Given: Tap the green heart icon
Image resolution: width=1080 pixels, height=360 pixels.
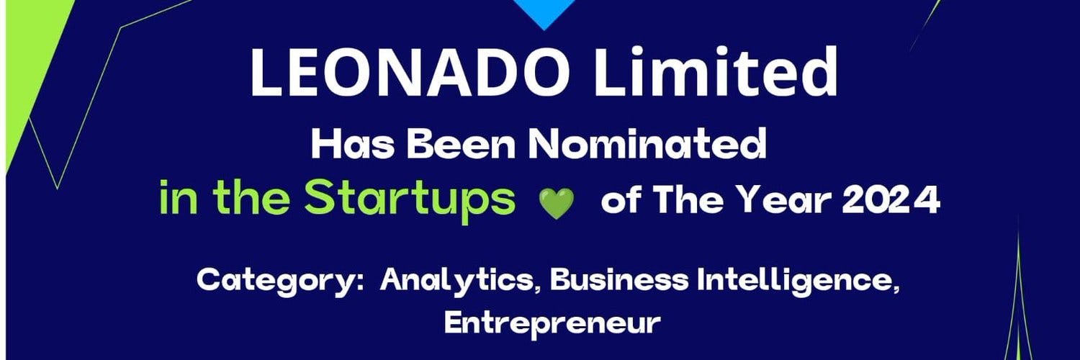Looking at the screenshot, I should pyautogui.click(x=557, y=204).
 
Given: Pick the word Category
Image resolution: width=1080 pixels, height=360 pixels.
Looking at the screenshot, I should pyautogui.click(x=280, y=279).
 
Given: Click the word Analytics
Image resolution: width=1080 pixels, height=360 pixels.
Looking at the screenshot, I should pyautogui.click(x=462, y=280).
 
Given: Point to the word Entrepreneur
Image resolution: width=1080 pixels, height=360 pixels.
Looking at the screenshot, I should pyautogui.click(x=552, y=323).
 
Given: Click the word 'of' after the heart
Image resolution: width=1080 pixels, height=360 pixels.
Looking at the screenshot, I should pyautogui.click(x=623, y=202).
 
